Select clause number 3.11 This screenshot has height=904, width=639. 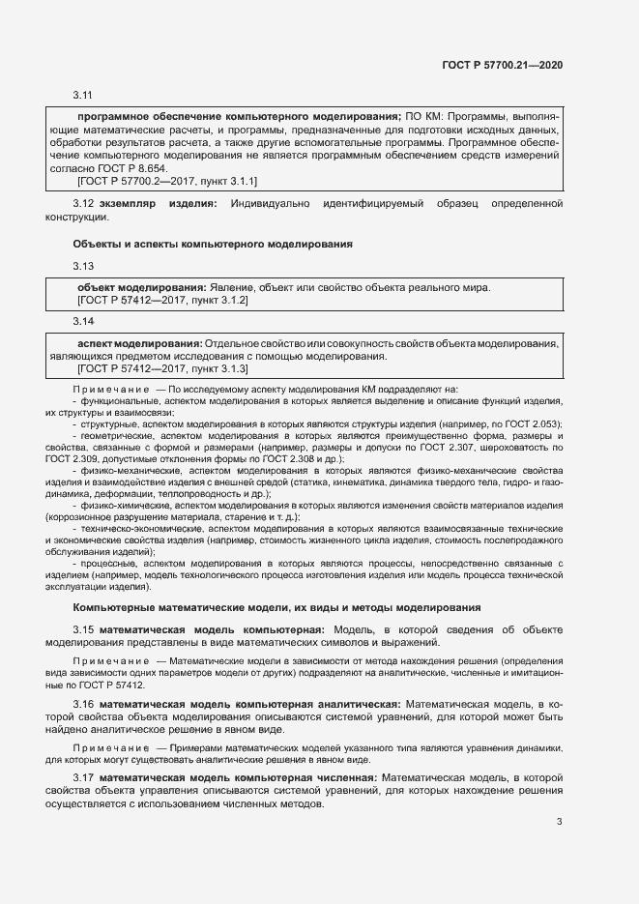pyautogui.click(x=82, y=96)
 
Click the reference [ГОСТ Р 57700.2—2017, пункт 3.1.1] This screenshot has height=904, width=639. pyautogui.click(x=166, y=181)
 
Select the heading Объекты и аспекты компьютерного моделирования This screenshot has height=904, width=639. pyautogui.click(x=213, y=244)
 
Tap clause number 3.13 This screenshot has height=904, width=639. pyautogui.click(x=82, y=267)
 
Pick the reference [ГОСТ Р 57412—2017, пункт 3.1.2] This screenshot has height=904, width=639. pyautogui.click(x=162, y=301)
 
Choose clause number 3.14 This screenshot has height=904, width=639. pyautogui.click(x=82, y=321)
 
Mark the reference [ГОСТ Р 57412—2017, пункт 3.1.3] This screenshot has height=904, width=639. pyautogui.click(x=162, y=368)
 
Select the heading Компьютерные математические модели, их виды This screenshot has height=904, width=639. pyautogui.click(x=276, y=607)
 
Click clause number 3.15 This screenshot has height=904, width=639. pyautogui.click(x=83, y=629)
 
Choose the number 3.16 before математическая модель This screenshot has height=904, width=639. pyautogui.click(x=83, y=702)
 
